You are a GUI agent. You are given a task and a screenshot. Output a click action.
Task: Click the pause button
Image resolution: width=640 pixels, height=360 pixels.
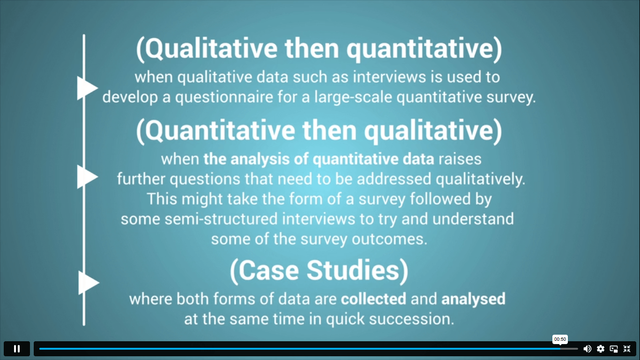tap(17, 349)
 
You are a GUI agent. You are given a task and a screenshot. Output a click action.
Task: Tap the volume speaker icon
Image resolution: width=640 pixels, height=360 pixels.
tap(587, 349)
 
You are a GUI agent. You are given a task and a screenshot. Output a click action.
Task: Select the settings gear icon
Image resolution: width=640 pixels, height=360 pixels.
tap(601, 349)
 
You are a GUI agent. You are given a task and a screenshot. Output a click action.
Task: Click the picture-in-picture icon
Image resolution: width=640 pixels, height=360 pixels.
tap(614, 349)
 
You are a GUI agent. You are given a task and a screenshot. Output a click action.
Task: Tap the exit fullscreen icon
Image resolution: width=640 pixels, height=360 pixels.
tap(627, 349)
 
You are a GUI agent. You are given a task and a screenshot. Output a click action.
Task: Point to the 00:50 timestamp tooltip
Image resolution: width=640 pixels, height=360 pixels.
tap(560, 339)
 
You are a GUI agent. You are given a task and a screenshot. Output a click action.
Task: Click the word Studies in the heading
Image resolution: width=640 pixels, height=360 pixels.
tap(353, 270)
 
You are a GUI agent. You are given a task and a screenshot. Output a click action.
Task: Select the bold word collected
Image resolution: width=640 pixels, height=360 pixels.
tap(373, 299)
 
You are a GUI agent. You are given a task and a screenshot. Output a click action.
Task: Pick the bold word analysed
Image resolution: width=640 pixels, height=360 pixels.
tap(473, 299)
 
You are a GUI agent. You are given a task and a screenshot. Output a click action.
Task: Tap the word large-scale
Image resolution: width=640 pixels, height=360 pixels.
tap(353, 97)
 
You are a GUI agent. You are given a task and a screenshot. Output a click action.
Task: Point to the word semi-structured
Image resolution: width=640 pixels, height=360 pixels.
tap(221, 219)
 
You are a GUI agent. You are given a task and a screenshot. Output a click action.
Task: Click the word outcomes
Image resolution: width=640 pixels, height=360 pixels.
tap(389, 239)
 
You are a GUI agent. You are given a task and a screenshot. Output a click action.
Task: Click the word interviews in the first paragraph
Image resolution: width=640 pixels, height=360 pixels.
tap(389, 77)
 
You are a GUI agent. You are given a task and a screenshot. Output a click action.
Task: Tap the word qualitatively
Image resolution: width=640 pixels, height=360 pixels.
tap(480, 179)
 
